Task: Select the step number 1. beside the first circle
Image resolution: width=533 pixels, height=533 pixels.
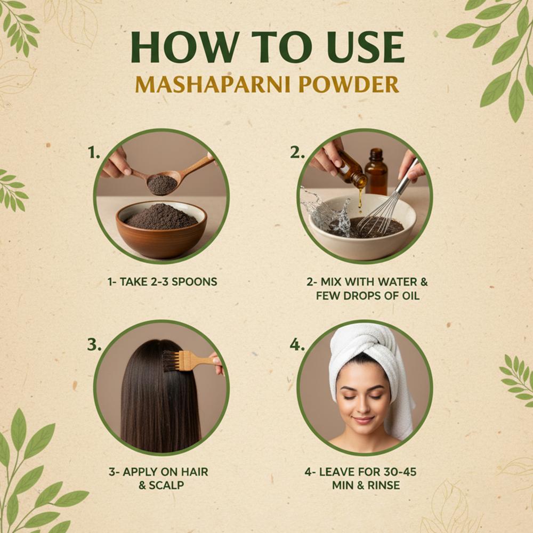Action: click(x=94, y=154)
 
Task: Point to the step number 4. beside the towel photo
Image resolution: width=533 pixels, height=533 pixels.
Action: click(x=297, y=345)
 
